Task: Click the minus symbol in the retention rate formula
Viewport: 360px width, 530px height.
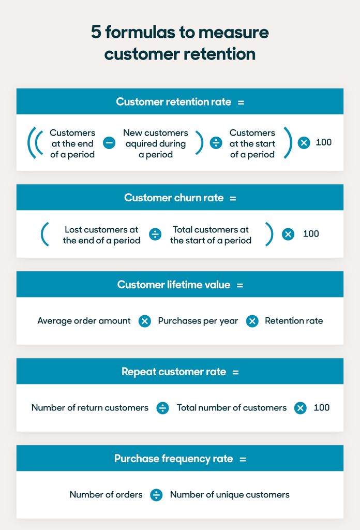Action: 109,143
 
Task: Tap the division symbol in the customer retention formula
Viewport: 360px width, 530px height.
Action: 216,143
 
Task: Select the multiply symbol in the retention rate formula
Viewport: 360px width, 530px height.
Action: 304,143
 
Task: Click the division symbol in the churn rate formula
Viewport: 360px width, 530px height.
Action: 155,234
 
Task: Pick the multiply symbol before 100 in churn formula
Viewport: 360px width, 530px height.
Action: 288,234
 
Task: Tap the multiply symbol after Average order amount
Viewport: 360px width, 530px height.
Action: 145,321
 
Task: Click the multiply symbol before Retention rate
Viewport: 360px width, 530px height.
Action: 252,321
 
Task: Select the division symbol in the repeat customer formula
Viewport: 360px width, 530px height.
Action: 163,408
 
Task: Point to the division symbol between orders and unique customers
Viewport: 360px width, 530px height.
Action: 156,495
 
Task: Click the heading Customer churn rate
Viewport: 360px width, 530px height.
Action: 175,198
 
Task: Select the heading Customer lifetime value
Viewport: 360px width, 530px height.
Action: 174,285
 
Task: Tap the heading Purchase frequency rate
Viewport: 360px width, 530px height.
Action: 174,459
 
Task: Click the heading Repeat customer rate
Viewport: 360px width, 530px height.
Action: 174,372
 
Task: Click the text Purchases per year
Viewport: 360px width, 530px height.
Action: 198,321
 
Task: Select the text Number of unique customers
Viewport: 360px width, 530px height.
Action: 230,495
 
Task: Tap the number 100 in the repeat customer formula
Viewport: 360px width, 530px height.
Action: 321,408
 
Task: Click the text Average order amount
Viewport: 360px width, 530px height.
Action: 84,321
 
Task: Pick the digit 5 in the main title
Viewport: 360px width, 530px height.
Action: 96,33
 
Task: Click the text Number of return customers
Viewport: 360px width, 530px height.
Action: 89,408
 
